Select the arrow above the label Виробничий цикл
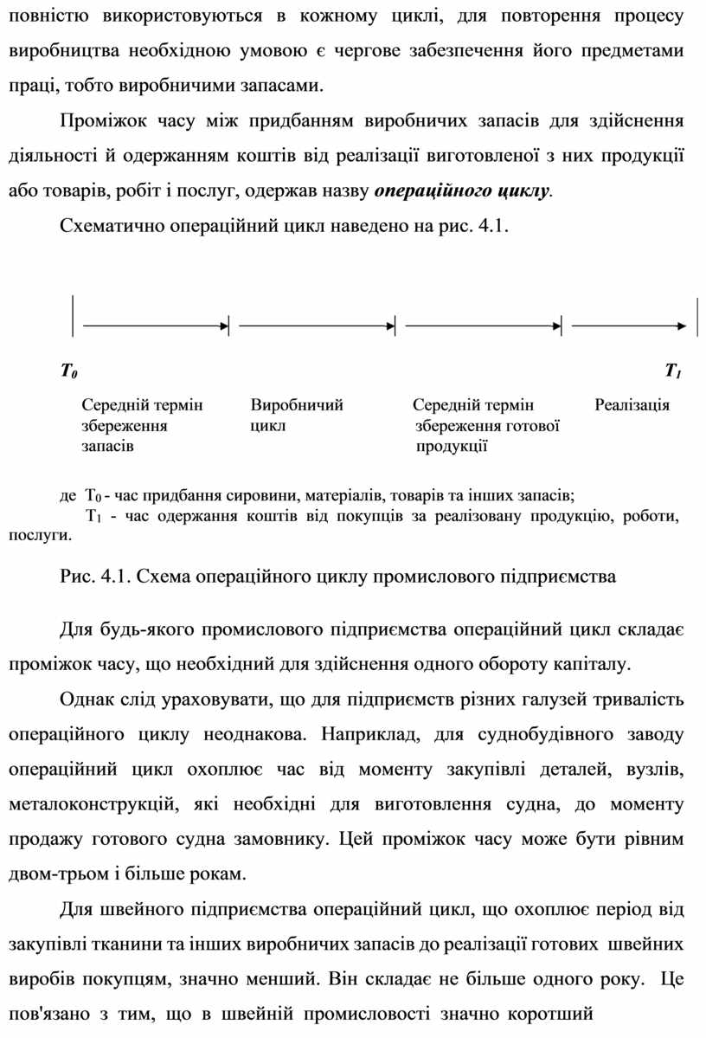(x=316, y=326)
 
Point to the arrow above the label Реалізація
(x=630, y=326)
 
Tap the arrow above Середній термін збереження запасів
(x=156, y=326)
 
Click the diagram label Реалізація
(x=632, y=404)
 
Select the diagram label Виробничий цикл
(x=297, y=415)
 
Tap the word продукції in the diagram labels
(x=452, y=447)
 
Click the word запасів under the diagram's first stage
(x=107, y=447)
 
